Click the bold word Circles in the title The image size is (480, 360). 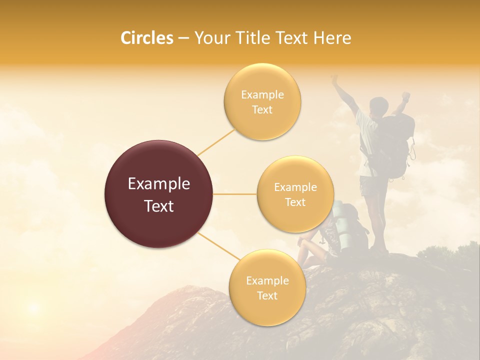point(146,38)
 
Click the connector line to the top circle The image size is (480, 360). point(216,142)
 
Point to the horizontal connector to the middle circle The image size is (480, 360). point(234,194)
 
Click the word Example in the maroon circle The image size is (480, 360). point(158,184)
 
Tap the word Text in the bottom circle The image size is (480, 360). point(267,295)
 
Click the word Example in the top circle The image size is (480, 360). point(262,95)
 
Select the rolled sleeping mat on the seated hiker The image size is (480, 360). point(340,225)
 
